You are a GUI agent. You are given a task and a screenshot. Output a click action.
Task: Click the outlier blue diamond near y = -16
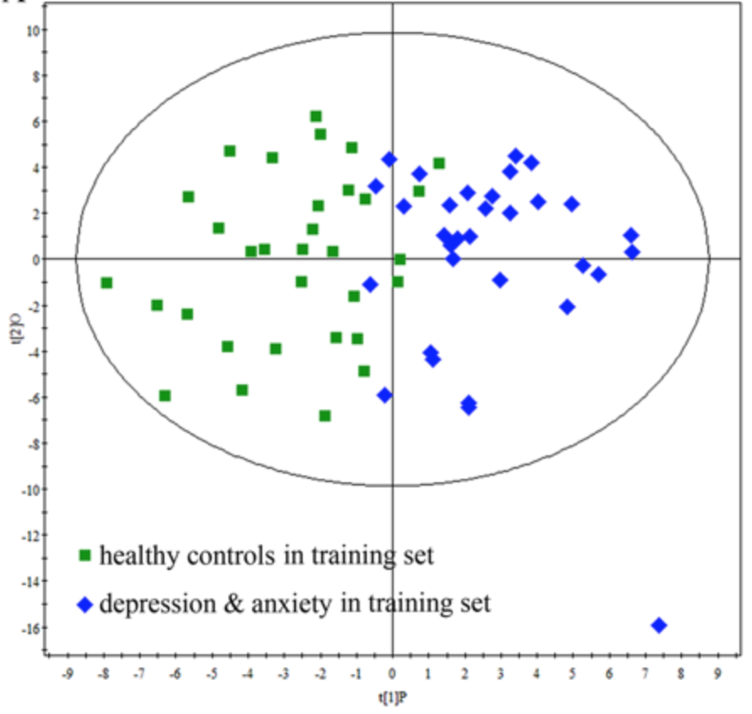coord(659,625)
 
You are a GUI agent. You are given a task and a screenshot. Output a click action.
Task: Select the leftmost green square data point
coord(106,282)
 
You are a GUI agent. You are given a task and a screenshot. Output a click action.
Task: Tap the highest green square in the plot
coord(316,116)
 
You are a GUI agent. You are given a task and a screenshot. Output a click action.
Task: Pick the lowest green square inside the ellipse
coord(325,416)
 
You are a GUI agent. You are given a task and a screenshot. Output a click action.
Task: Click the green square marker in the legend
coord(84,556)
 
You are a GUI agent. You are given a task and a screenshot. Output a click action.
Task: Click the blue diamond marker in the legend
coord(84,604)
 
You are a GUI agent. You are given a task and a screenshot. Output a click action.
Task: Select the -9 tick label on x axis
coord(67,674)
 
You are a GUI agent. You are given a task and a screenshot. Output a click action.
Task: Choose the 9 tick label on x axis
coord(717,674)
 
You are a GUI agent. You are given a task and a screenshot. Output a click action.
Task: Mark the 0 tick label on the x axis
coord(392,674)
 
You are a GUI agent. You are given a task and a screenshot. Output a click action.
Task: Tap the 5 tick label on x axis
coord(572,674)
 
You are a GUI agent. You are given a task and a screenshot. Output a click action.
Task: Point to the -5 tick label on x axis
coord(212,674)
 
